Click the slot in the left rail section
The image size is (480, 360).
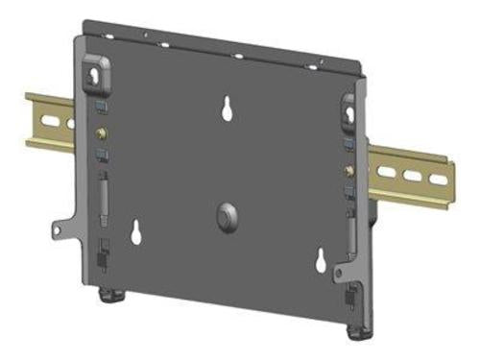[70, 123]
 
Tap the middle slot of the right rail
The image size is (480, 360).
[412, 176]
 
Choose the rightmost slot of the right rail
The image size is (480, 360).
[438, 180]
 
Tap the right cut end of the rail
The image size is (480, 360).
[449, 181]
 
